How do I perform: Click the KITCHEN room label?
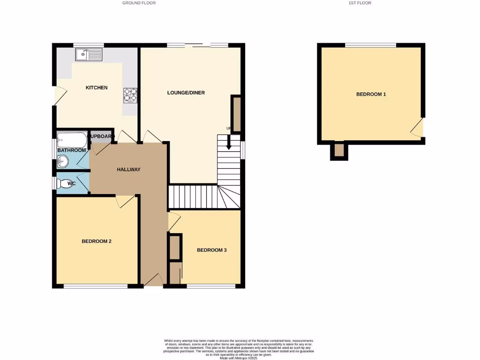(x=97, y=88)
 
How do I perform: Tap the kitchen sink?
(x=88, y=54)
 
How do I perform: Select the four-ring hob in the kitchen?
(x=130, y=95)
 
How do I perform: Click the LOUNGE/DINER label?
(x=186, y=92)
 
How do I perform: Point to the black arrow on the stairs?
(x=229, y=142)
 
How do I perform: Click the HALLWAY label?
(x=128, y=169)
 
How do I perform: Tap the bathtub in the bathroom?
(x=72, y=140)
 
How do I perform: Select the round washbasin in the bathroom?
(x=62, y=162)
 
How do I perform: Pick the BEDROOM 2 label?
(x=97, y=241)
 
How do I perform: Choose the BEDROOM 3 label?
(x=211, y=250)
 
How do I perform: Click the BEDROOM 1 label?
(x=371, y=94)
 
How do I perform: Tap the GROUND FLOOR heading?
(x=139, y=3)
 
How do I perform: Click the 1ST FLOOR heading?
(x=360, y=3)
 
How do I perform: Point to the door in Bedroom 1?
(x=417, y=127)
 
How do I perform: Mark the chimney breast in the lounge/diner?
(x=237, y=114)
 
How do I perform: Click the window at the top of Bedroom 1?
(x=371, y=45)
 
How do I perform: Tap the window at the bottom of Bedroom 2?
(x=96, y=286)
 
